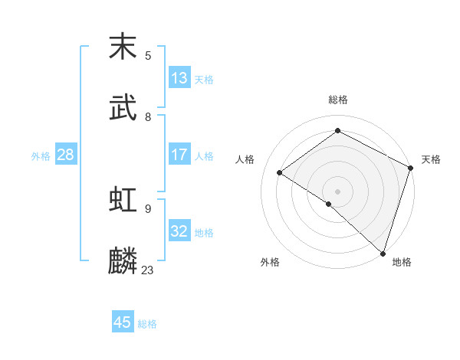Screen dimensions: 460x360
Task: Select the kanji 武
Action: pyautogui.click(x=123, y=108)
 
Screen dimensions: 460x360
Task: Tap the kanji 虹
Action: pyautogui.click(x=123, y=200)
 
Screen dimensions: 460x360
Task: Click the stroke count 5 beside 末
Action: pyautogui.click(x=148, y=56)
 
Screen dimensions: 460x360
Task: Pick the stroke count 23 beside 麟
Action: pyautogui.click(x=148, y=270)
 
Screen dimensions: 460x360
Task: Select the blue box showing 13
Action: pyautogui.click(x=179, y=78)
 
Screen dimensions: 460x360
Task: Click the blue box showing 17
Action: pyautogui.click(x=179, y=155)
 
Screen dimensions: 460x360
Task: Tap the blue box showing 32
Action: pyautogui.click(x=179, y=231)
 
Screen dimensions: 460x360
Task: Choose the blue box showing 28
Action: pyautogui.click(x=66, y=155)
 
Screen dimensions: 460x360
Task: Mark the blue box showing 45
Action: pyautogui.click(x=123, y=322)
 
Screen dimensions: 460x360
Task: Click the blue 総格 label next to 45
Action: pyautogui.click(x=147, y=324)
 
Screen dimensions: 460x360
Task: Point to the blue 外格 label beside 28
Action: pyautogui.click(x=41, y=156)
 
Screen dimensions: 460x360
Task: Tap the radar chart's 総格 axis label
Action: pyautogui.click(x=338, y=100)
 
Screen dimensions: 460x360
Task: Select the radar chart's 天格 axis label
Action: pyautogui.click(x=431, y=159)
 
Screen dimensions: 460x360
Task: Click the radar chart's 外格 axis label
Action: pyautogui.click(x=270, y=262)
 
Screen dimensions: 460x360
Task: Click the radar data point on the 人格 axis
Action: pyautogui.click(x=280, y=172)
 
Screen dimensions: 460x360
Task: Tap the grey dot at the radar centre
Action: pyautogui.click(x=337, y=191)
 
